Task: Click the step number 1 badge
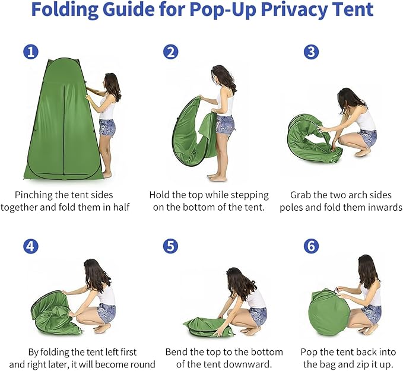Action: click(31, 52)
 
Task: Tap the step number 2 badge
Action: click(171, 52)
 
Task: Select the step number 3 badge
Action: click(311, 52)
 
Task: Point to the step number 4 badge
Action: click(31, 245)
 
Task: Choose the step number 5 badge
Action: click(171, 245)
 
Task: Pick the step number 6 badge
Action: click(311, 245)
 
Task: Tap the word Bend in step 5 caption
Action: click(177, 351)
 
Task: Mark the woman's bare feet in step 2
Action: click(217, 177)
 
